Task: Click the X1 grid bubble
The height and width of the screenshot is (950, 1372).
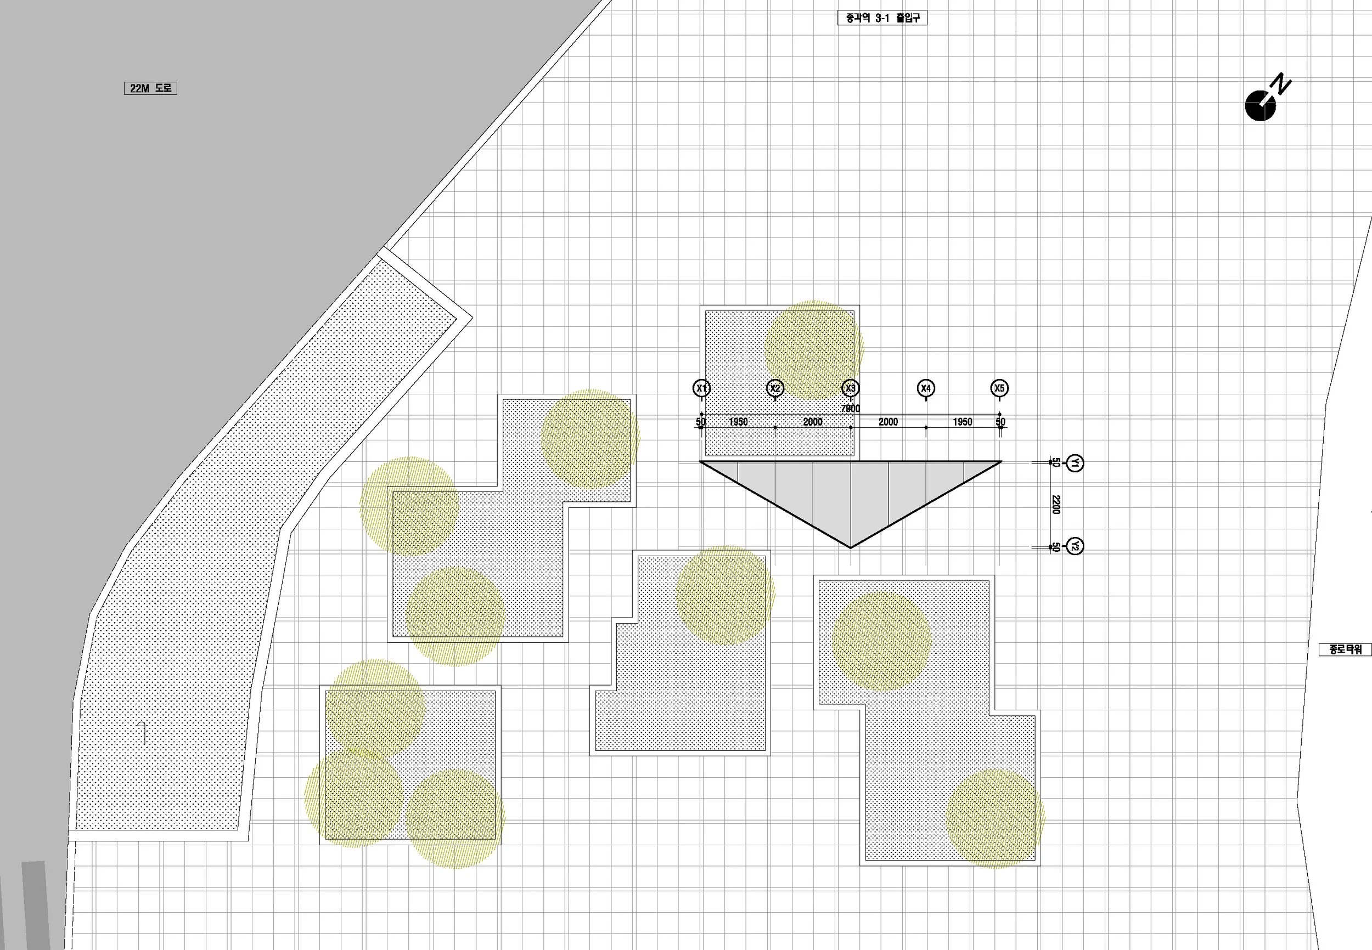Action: tap(701, 388)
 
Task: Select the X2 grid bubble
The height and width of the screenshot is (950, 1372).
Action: tap(775, 388)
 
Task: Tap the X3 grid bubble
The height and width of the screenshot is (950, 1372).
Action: tap(850, 388)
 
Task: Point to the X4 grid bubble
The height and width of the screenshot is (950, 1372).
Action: tap(925, 388)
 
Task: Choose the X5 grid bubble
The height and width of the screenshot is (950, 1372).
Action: tap(999, 388)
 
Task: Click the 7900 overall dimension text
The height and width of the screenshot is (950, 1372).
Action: tap(850, 408)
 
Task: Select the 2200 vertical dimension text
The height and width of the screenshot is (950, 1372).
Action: tap(1056, 504)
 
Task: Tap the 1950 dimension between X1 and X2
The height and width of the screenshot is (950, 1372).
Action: tap(738, 422)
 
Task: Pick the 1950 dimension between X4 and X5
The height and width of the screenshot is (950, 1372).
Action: tap(962, 422)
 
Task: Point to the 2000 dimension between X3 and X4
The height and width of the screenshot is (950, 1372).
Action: tap(888, 422)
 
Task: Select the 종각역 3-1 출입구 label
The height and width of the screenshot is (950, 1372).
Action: tap(882, 18)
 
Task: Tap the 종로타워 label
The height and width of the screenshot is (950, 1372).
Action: tap(1345, 649)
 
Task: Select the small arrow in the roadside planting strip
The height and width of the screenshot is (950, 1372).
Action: tap(142, 732)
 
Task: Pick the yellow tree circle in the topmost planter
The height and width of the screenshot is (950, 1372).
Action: tap(813, 350)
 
